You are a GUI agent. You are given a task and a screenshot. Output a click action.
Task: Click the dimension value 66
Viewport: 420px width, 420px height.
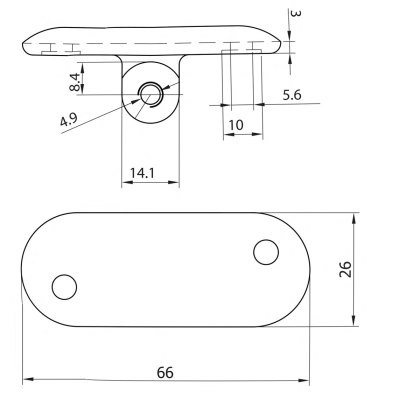tap(165, 371)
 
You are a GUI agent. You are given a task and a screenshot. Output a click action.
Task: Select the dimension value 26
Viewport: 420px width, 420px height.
tap(372, 268)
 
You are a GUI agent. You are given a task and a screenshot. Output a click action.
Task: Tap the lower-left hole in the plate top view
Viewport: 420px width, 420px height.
tap(64, 287)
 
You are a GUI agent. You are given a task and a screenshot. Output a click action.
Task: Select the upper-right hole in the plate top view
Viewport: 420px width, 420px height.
tap(265, 252)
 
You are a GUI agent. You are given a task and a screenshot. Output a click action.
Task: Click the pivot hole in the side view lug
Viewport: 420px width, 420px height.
tap(150, 95)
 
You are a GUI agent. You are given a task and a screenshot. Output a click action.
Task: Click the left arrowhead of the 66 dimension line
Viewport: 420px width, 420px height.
tap(25, 381)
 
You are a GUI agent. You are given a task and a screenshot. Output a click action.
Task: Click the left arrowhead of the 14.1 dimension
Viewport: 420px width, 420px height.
tap(124, 183)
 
